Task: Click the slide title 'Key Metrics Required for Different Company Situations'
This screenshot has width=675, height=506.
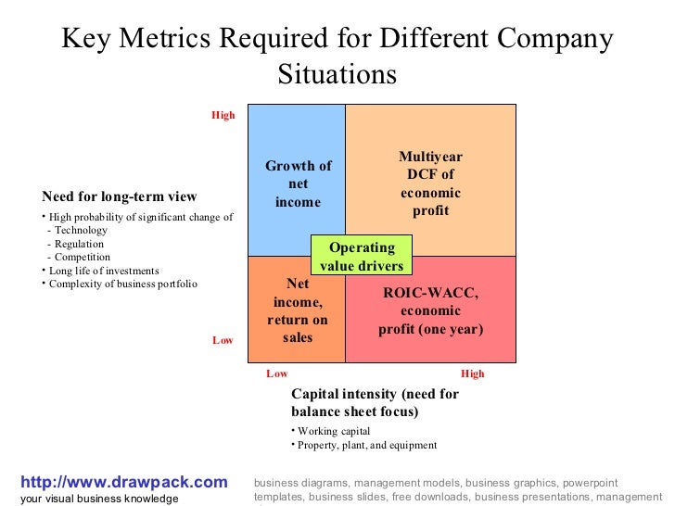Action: (337, 56)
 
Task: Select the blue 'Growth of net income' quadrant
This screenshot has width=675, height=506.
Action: (298, 183)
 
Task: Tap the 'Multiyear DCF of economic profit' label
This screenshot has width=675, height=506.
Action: (430, 184)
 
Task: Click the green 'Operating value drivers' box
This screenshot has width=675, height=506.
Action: (362, 257)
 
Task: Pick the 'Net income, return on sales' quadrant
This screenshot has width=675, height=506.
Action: (298, 310)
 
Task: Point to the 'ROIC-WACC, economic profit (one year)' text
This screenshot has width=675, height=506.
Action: (430, 311)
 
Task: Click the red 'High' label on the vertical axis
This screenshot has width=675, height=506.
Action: (223, 116)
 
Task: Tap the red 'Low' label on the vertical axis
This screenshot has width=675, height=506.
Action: (223, 340)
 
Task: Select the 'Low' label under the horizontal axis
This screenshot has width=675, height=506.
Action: (277, 374)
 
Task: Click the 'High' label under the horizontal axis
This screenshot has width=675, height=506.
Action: (472, 374)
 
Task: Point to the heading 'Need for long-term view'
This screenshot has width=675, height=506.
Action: (119, 196)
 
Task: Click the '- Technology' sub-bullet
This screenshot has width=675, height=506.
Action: (78, 230)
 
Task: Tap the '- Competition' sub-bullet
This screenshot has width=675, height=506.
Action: (79, 257)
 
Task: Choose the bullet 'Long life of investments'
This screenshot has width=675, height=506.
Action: (103, 271)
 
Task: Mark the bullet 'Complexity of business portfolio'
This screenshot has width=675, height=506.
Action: (122, 284)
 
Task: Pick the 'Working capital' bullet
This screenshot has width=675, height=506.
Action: (333, 431)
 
